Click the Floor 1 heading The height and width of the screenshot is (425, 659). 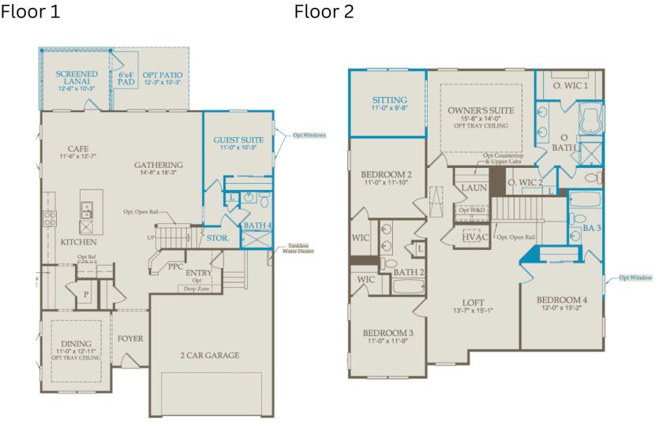click(x=30, y=13)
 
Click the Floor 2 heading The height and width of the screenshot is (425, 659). click(x=324, y=13)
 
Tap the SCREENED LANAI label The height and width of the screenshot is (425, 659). click(x=77, y=78)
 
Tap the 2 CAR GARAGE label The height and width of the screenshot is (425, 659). click(x=208, y=355)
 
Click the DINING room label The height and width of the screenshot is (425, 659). click(x=76, y=344)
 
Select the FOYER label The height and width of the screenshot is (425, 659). click(x=130, y=338)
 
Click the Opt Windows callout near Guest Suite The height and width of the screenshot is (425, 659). click(x=309, y=135)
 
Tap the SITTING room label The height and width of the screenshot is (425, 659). click(x=389, y=100)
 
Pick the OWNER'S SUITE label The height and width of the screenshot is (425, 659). click(x=481, y=110)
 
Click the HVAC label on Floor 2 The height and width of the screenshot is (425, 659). click(x=476, y=236)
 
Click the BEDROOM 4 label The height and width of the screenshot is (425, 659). click(x=562, y=300)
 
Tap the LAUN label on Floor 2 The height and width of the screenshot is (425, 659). click(x=474, y=188)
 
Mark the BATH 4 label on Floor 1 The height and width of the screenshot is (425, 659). click(x=256, y=226)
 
